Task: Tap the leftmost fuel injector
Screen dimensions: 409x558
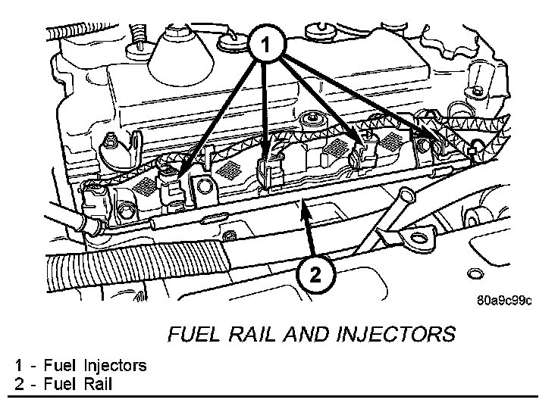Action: click(x=174, y=183)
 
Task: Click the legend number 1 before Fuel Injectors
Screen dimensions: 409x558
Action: click(x=19, y=366)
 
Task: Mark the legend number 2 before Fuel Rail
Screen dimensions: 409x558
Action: click(x=19, y=384)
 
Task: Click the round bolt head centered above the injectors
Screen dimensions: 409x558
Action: click(x=309, y=120)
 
